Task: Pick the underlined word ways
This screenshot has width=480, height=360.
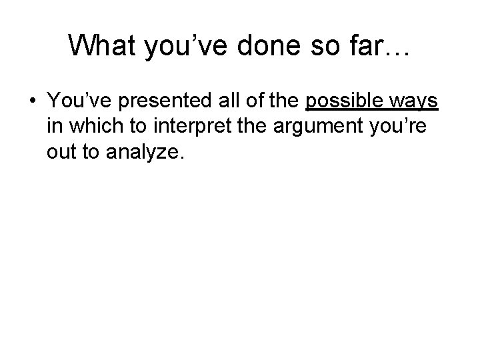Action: click(x=414, y=101)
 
